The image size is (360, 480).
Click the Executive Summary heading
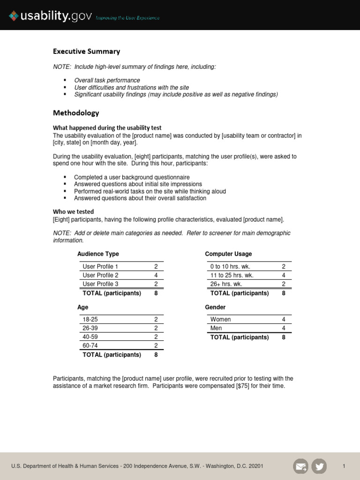point(86,52)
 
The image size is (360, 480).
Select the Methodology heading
point(76,113)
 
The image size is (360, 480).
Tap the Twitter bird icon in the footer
point(319,466)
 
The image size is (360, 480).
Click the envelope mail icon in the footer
point(300,466)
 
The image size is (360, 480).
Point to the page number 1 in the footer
point(344,466)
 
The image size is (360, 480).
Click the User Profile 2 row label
point(100,275)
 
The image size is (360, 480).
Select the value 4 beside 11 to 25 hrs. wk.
point(284,275)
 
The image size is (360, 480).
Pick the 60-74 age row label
point(90,345)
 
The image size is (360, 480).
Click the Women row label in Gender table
point(220,319)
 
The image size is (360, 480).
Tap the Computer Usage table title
point(228,254)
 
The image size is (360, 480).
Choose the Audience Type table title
point(98,254)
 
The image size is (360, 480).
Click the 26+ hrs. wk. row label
point(226,284)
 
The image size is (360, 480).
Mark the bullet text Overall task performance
point(107,81)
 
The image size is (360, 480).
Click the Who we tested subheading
point(73,212)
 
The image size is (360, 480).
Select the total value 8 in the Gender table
point(284,337)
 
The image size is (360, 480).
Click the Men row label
point(216,328)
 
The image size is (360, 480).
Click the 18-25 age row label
point(90,319)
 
